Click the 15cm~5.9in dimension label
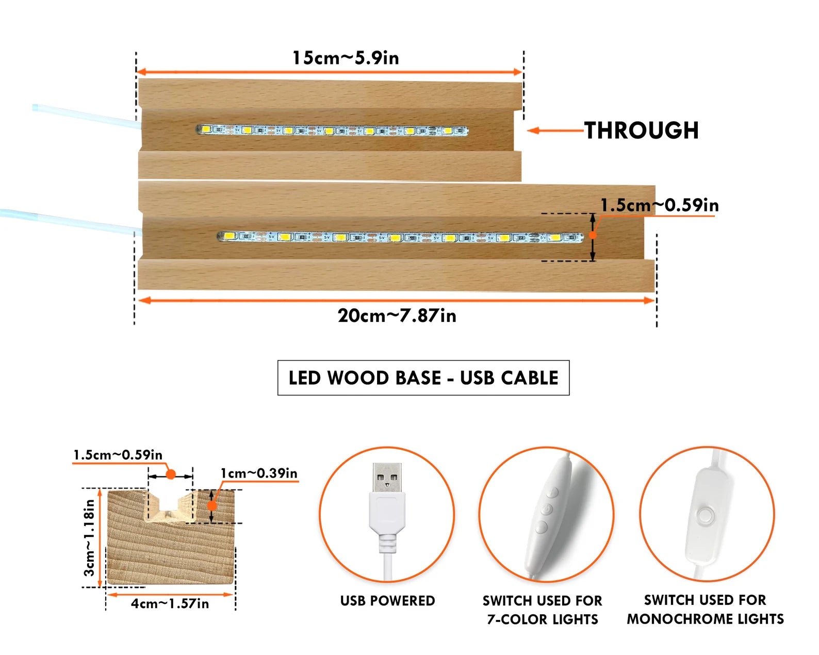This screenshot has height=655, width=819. pos(346,58)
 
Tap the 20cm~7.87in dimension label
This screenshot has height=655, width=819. pos(397,316)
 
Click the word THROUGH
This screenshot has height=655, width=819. pos(641,130)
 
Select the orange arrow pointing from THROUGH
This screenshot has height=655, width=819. pos(555,130)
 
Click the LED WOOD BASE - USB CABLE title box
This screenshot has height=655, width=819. pos(423,378)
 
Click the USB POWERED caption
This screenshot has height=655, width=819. pos(387,600)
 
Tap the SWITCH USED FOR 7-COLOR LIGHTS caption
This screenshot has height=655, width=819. pos(543,610)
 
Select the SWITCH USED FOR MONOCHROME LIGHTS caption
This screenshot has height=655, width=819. pos(705,610)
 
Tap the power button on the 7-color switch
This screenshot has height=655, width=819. pos(547,509)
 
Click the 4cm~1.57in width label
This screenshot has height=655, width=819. pos(170,603)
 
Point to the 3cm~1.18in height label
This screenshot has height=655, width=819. pos(89,537)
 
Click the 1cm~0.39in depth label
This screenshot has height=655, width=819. pos(259,473)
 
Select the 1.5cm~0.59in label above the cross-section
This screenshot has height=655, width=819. pos(118,455)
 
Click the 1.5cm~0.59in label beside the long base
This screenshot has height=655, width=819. pos(660,205)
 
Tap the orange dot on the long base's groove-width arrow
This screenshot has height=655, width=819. pos(593,235)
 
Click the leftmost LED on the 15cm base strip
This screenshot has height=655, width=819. pos(207,129)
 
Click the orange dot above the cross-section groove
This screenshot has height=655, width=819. pos(171,474)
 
